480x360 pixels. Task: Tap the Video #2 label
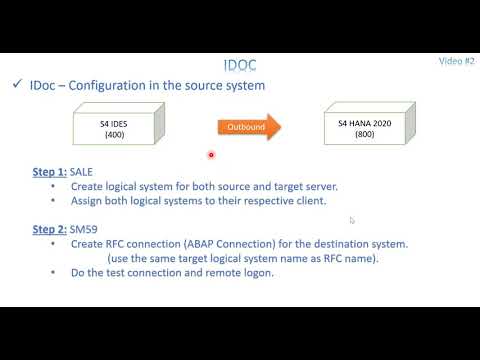456,60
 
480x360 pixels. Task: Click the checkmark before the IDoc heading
19,85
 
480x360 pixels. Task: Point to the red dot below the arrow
212,154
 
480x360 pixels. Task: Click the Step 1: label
49,172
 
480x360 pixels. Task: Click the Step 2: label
49,229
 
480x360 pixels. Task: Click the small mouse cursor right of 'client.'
352,220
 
